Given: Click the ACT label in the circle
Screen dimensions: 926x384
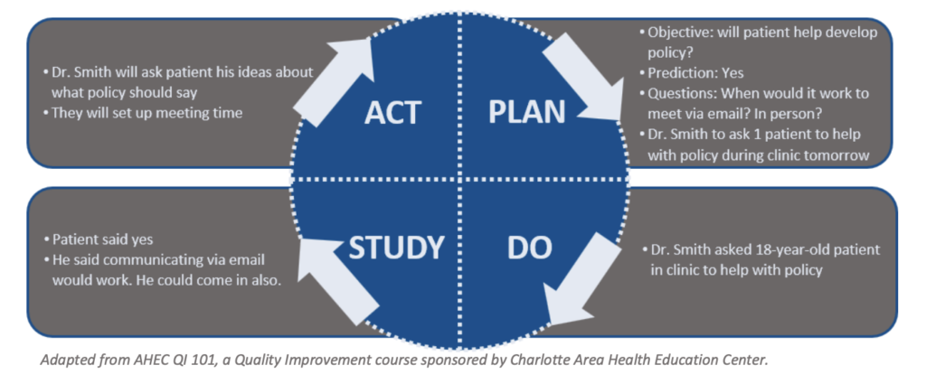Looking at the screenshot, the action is pos(392,112).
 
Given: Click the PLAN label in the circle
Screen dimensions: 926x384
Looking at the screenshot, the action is pos(527,112).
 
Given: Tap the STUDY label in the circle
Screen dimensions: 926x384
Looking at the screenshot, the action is pos(396,248).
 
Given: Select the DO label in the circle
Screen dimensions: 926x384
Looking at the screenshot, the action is pos(530,248).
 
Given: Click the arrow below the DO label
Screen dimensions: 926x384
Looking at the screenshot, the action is pos(579,278).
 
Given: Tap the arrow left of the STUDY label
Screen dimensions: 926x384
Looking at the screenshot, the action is pos(335,279).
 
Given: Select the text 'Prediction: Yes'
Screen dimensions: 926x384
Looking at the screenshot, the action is pos(695,73).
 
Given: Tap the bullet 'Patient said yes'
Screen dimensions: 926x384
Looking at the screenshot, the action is pos(102,239).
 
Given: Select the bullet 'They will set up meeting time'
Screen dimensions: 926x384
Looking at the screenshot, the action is pos(146,113).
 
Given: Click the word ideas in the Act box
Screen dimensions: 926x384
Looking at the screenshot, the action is pos(243,72).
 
